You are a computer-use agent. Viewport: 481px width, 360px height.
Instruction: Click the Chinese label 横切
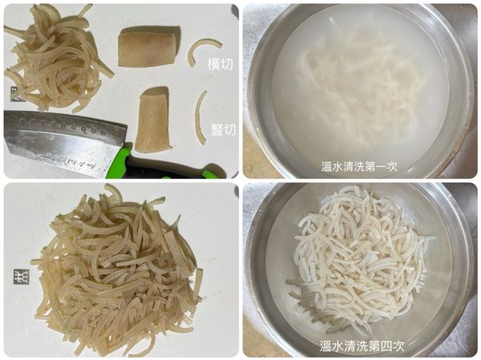(x=220, y=63)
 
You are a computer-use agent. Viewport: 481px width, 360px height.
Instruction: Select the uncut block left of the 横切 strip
(x=146, y=49)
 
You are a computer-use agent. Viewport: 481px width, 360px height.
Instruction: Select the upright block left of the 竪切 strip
(x=152, y=121)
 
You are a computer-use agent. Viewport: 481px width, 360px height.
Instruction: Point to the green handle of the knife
(x=160, y=165)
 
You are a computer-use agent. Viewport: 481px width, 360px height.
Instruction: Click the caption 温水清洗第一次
(x=359, y=167)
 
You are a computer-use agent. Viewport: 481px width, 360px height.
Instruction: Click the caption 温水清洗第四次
(x=362, y=346)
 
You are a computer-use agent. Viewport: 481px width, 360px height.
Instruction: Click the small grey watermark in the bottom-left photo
(x=18, y=277)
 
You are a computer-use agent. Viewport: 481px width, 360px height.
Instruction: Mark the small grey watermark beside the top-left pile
(x=15, y=93)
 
